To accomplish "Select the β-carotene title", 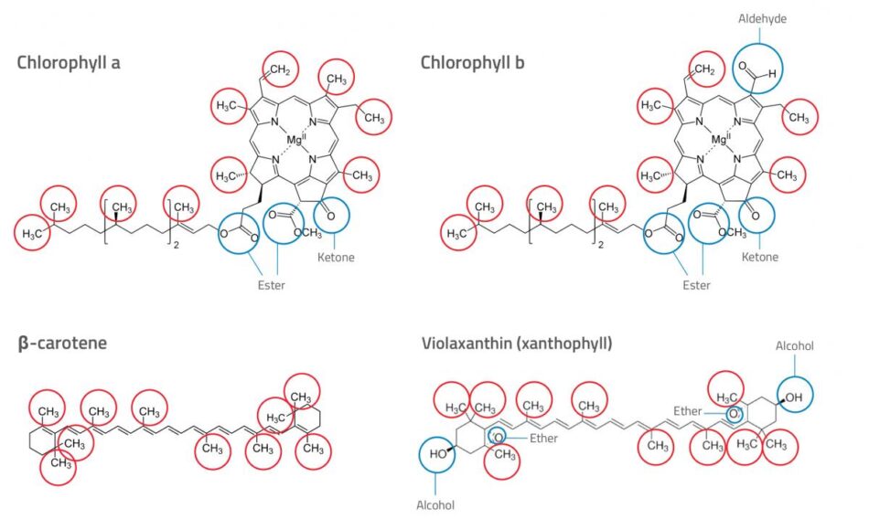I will tap(61, 344).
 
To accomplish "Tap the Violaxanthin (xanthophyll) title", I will tap(517, 344).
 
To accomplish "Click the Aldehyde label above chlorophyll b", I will tap(762, 18).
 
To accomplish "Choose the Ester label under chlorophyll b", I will tap(696, 285).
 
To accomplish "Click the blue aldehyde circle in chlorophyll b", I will tap(758, 67).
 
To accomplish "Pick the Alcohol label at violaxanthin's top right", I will tap(794, 347).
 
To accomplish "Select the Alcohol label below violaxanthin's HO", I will tap(434, 503).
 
